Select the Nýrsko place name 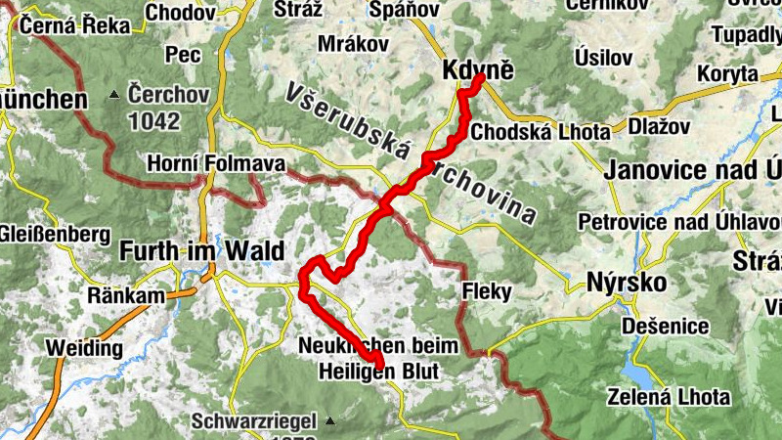coord(627,283)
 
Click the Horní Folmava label coord(203,163)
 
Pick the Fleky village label coord(481,290)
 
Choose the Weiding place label coord(83,348)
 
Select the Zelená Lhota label coord(669,397)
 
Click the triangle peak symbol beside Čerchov coord(114,95)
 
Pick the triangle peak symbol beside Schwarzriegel coord(329,421)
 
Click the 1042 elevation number coord(153,121)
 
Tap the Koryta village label coord(727,73)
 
